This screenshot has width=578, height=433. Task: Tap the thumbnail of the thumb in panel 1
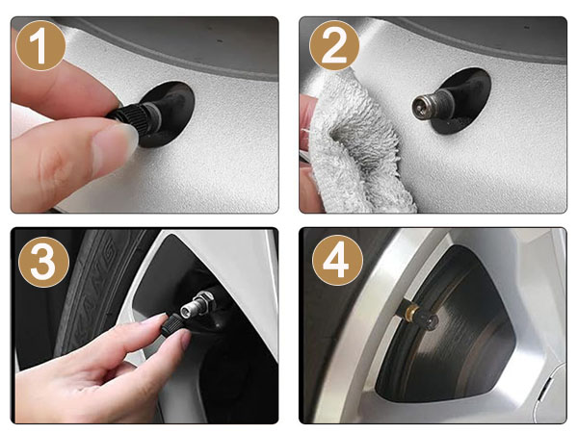114,144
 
